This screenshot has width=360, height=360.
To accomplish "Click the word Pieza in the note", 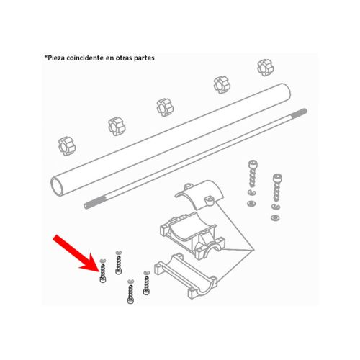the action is [55, 58].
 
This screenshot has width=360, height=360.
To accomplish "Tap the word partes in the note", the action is [144, 58].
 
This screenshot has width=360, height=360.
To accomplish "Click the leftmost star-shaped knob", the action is [67, 146].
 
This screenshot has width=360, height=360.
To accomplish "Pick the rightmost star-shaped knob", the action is [266, 68].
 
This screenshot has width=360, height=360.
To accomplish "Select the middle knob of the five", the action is [165, 107].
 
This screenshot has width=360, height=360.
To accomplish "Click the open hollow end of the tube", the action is [58, 187].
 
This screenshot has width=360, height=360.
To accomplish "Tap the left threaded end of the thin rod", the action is [89, 204].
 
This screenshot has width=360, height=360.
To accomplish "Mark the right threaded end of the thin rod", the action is [301, 112].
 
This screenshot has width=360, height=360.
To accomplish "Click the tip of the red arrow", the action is [99, 271].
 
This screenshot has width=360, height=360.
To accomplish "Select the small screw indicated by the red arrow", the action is [103, 273].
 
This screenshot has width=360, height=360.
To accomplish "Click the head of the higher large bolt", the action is [253, 164].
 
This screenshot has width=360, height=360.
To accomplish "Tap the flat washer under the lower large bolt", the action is [275, 218].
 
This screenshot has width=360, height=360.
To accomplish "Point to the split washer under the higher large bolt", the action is [251, 192].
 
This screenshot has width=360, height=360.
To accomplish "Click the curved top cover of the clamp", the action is [200, 194].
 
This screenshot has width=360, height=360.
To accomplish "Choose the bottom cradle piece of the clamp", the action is [186, 275].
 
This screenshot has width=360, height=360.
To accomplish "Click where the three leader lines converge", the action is [254, 251].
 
